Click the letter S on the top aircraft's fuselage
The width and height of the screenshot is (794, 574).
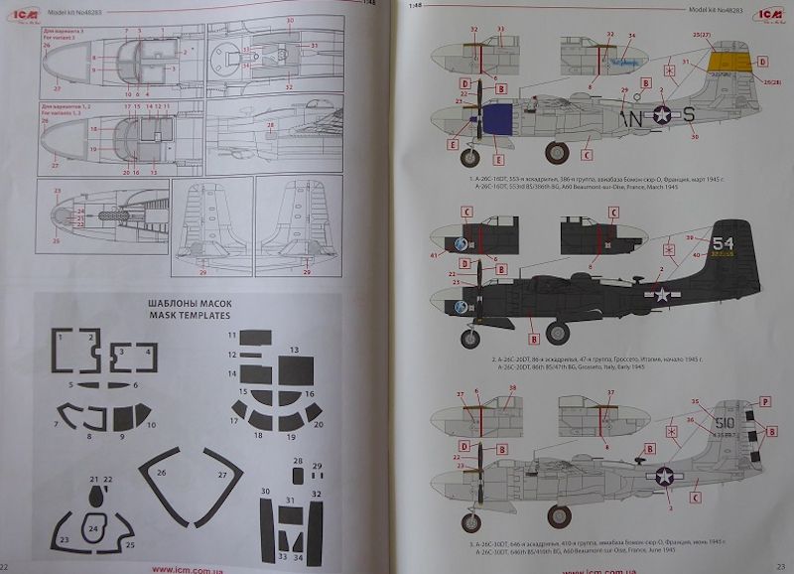point(688,115)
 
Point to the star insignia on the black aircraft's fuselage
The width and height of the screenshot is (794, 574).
point(662,294)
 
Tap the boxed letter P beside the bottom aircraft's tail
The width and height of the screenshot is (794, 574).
point(764,402)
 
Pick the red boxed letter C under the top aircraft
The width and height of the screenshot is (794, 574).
point(588,154)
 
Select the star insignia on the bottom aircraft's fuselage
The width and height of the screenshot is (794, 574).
point(663,476)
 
